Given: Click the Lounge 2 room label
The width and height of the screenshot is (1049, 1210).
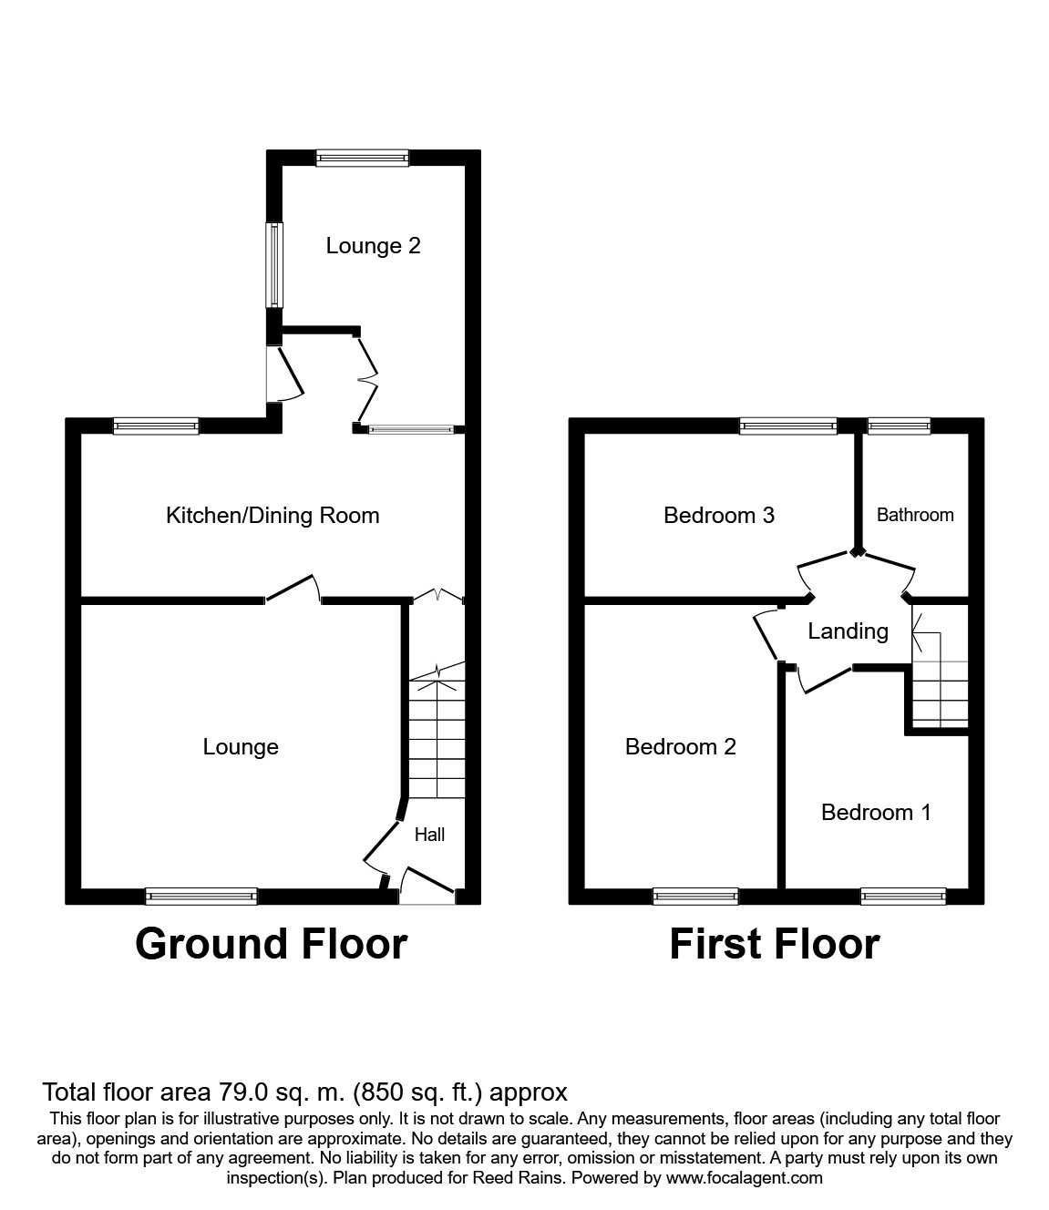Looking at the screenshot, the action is [373, 246].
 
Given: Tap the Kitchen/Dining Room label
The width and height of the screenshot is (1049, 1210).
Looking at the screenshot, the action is [273, 515].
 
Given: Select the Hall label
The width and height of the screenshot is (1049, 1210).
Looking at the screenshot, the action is [429, 835].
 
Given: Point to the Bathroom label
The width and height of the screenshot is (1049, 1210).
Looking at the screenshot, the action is [915, 515].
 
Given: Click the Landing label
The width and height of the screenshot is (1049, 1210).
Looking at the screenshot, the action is [848, 631].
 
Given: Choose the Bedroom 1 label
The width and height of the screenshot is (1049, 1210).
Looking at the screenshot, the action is [876, 813].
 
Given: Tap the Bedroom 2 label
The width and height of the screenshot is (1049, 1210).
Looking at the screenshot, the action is [681, 747].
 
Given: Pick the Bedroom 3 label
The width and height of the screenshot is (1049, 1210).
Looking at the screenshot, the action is [719, 515].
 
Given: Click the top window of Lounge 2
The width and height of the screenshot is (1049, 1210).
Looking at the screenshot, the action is [363, 158].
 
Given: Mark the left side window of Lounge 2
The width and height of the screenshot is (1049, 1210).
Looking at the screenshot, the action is [274, 264].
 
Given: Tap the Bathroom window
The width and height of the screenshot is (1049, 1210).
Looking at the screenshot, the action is [899, 426].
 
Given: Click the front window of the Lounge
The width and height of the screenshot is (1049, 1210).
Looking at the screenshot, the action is [201, 897].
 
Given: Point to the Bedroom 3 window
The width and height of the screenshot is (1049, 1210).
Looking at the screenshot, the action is [788, 426].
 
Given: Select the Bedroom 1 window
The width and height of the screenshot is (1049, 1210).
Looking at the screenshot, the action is [903, 897].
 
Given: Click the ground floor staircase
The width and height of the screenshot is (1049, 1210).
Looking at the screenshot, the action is [437, 732].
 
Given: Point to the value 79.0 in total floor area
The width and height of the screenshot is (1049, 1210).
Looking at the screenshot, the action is [240, 1092].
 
